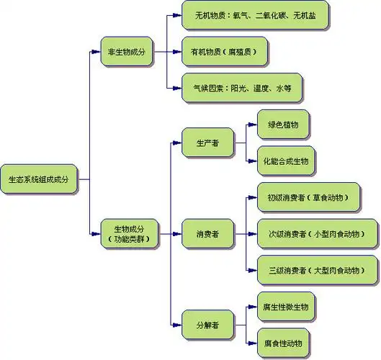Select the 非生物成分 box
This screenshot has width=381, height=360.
(127, 52)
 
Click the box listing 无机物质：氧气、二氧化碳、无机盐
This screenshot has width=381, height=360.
(256, 16)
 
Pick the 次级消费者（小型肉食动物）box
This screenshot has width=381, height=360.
(317, 233)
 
